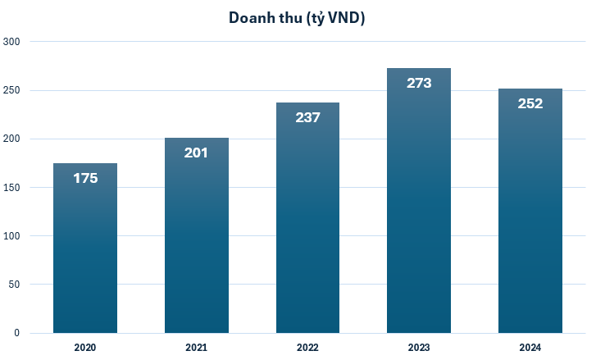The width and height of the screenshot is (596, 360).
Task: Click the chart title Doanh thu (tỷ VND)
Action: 297,18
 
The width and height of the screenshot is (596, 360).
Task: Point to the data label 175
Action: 85,178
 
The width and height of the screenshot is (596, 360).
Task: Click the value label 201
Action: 197,153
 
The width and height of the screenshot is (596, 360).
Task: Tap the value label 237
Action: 307,117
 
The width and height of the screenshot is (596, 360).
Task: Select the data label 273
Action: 419,83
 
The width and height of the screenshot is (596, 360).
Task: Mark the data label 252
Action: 530,103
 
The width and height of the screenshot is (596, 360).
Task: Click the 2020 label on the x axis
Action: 85,348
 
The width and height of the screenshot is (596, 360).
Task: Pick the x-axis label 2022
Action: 307,348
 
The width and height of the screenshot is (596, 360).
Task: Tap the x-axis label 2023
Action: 419,348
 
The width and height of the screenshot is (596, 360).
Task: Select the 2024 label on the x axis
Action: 530,348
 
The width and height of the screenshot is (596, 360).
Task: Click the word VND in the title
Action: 343,18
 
